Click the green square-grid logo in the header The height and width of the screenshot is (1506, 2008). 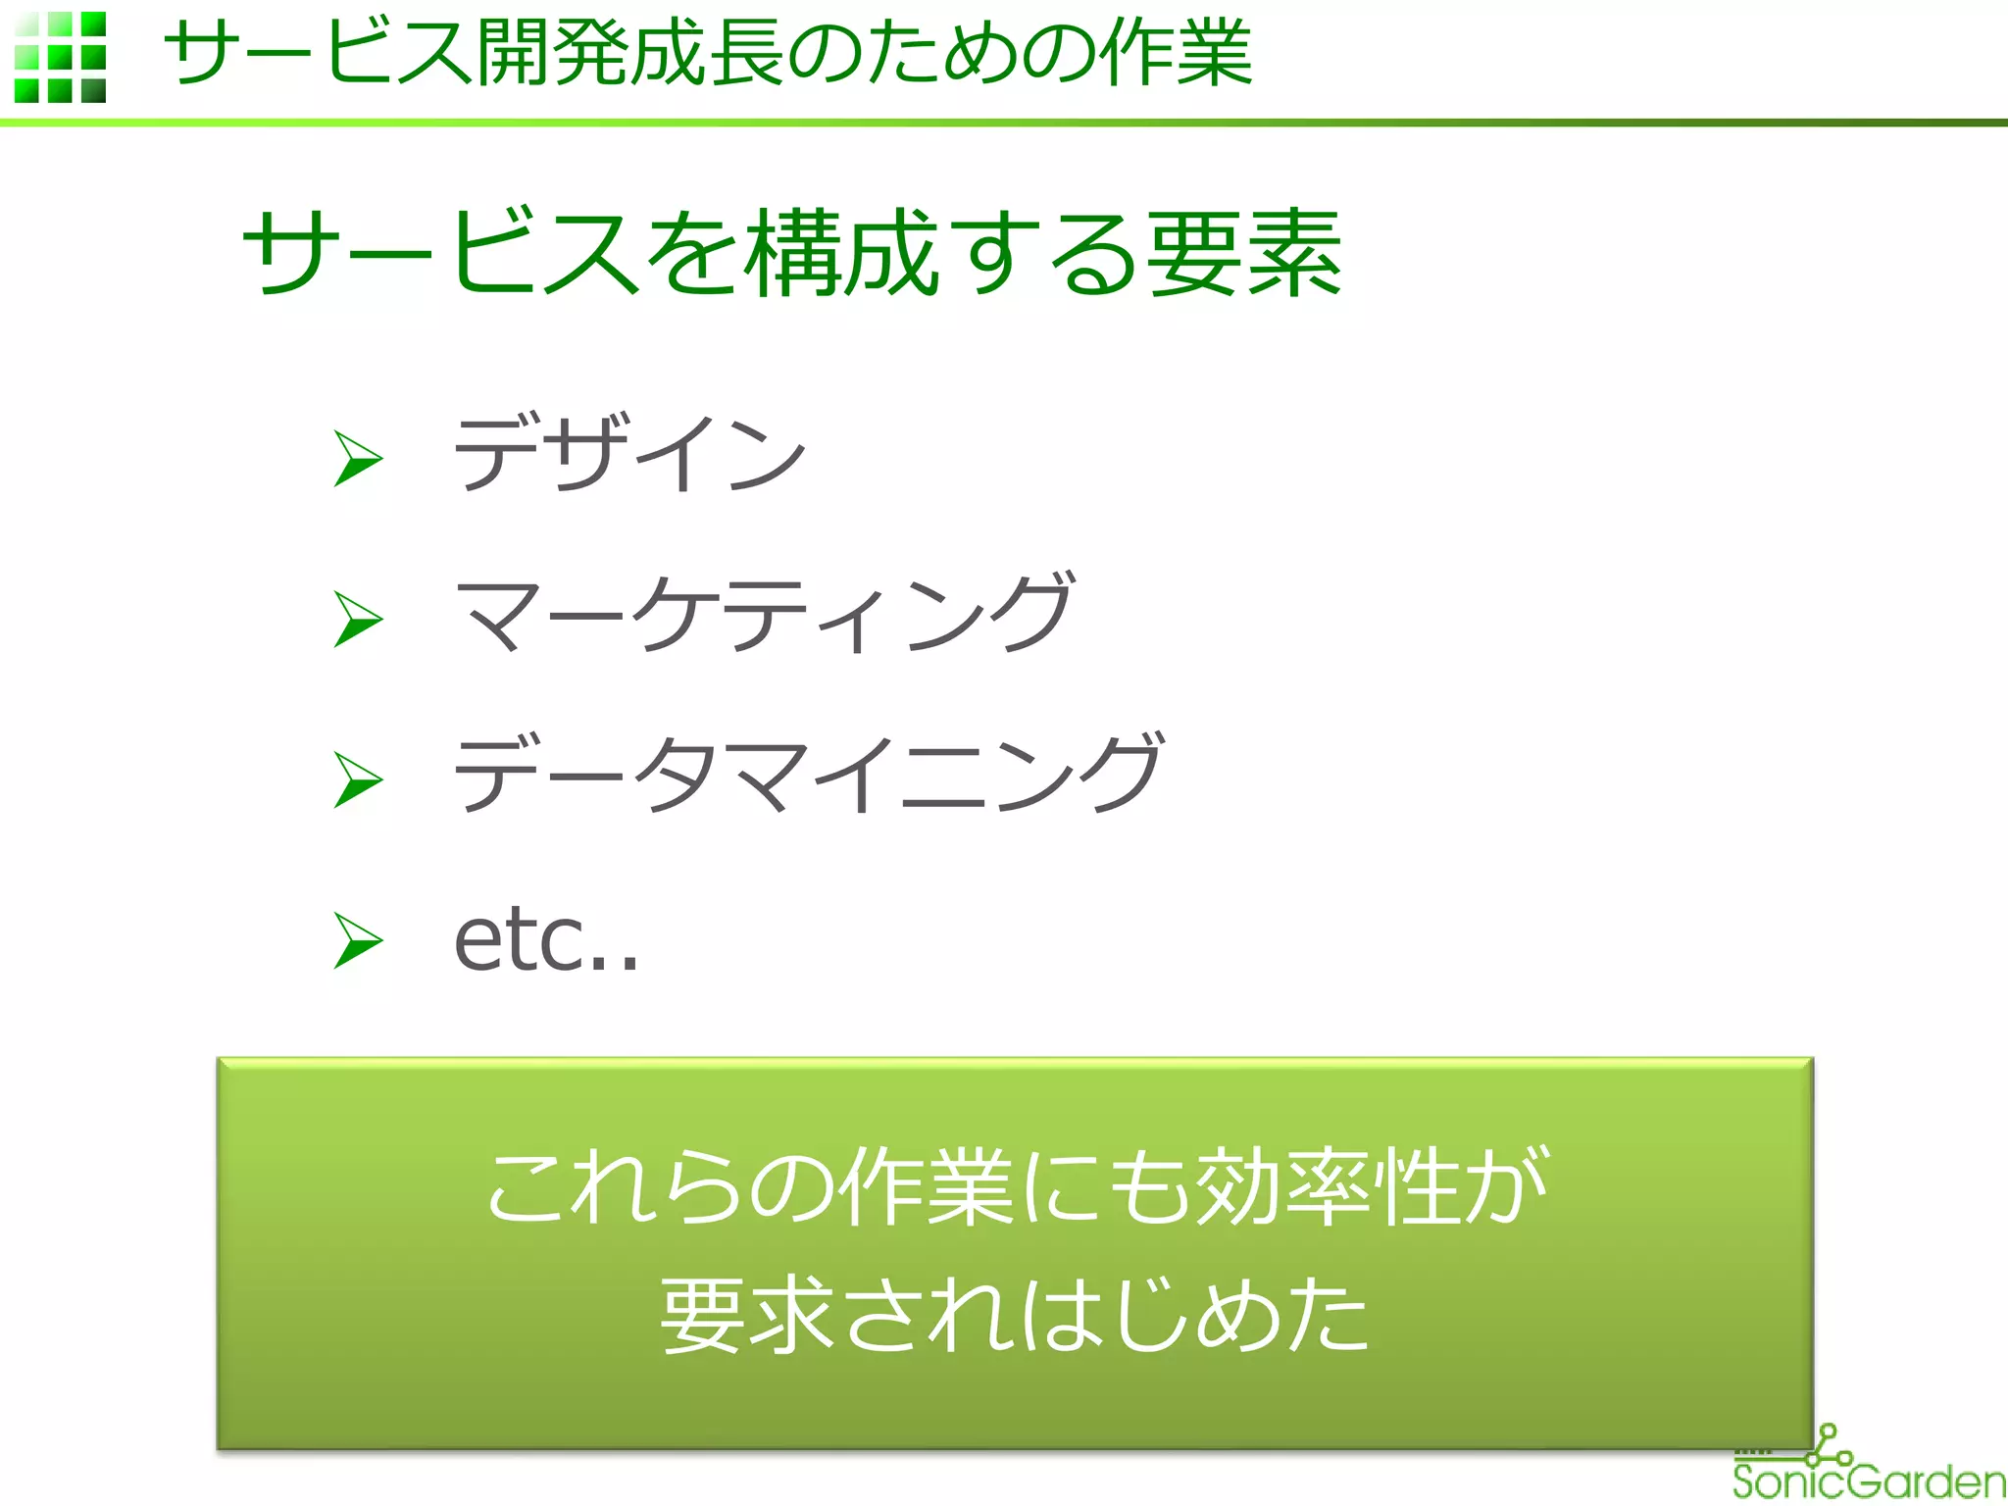[61, 57]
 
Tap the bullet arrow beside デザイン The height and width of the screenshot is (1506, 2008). [358, 458]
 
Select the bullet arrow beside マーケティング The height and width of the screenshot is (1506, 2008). [358, 619]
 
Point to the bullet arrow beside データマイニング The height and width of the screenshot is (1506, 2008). [358, 779]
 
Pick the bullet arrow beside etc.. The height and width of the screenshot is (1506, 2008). [358, 940]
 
